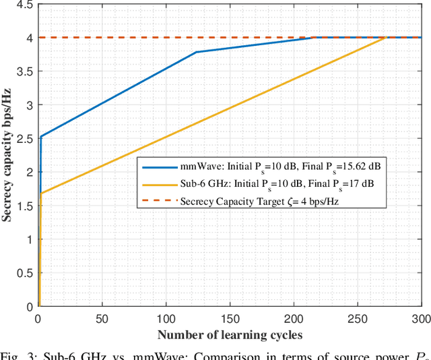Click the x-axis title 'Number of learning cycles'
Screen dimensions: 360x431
tap(230, 335)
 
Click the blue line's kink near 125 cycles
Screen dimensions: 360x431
tap(196, 52)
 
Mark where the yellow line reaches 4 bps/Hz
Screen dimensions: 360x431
tap(385, 37)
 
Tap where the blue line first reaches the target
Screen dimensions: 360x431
tap(314, 37)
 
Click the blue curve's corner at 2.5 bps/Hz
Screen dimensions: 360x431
tap(41, 137)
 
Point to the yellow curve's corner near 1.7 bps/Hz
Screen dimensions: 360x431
tap(40, 193)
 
